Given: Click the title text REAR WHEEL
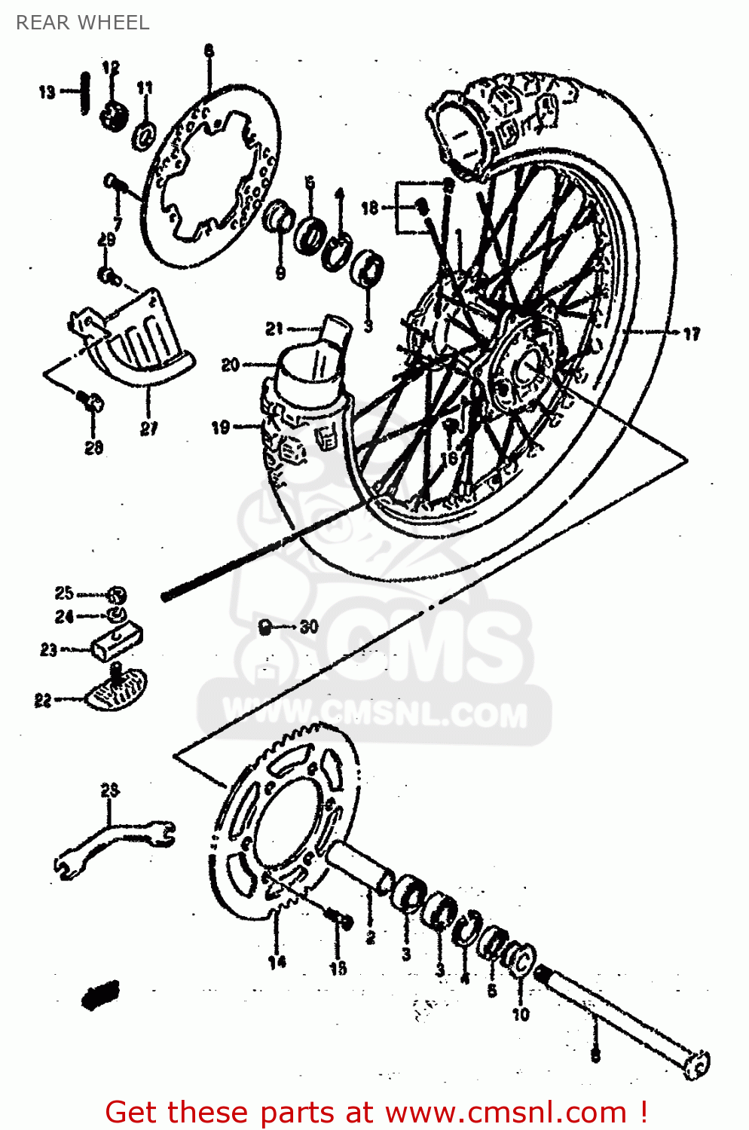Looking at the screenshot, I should click(83, 23).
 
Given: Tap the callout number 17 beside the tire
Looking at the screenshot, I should click(691, 333).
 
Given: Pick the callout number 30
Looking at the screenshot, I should click(309, 626).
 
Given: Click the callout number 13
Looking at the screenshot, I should click(47, 92).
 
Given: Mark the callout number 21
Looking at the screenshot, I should click(274, 328).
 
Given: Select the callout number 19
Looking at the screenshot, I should click(220, 427).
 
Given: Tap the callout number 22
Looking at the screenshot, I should click(43, 700).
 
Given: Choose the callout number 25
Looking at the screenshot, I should click(64, 593).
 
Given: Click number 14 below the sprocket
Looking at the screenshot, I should click(277, 961).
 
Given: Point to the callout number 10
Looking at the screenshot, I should click(521, 1014).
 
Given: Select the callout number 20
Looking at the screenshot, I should click(230, 365).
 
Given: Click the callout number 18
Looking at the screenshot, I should click(369, 207).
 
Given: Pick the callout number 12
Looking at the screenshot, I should click(111, 68).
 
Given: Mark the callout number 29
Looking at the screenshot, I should click(106, 240).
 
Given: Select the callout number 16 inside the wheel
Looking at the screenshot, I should click(449, 457).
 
